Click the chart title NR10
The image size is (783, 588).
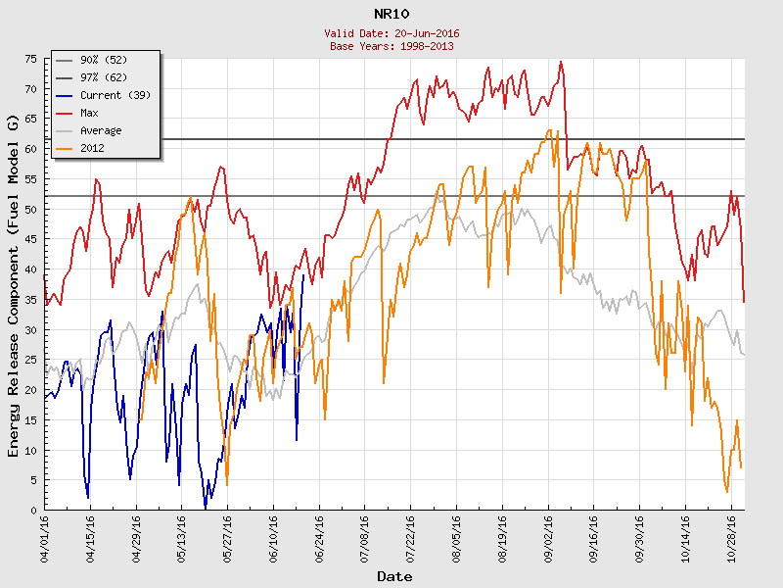pos(391,14)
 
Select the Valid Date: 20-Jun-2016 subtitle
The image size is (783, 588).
pos(391,33)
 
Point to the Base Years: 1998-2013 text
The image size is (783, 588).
pos(391,46)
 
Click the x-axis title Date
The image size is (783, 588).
pos(394,576)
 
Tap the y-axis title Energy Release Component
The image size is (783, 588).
pos(13,284)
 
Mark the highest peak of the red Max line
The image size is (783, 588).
pos(561,62)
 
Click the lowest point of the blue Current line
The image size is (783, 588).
pos(206,508)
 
